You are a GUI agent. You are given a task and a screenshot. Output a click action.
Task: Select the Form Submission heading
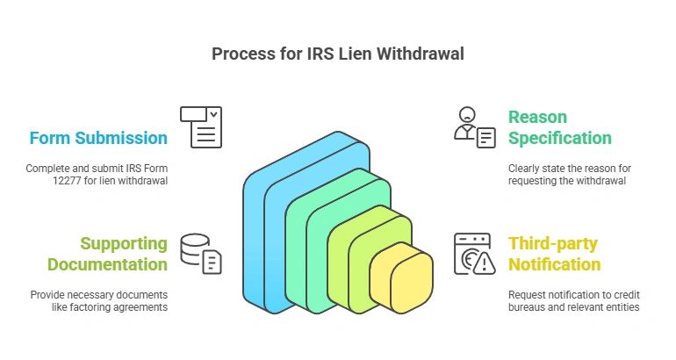click(x=97, y=138)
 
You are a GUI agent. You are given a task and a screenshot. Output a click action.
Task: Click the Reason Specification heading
click(x=559, y=127)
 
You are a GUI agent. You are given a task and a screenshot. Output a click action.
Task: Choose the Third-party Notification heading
click(x=554, y=254)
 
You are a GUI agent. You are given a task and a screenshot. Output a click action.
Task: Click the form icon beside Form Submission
click(x=201, y=126)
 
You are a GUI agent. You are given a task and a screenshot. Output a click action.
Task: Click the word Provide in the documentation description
click(x=49, y=295)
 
